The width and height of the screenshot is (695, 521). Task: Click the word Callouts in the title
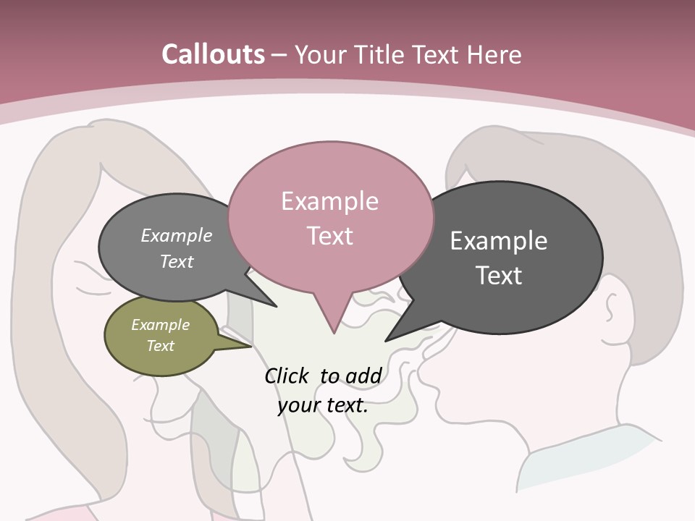tap(213, 54)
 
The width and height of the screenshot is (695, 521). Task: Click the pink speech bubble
tap(330, 217)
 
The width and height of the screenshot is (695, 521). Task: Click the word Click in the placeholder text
tap(287, 376)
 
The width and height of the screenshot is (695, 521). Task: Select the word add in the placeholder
tap(363, 376)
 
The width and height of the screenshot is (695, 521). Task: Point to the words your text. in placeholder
tap(323, 405)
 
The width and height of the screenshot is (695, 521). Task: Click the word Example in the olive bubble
tap(160, 325)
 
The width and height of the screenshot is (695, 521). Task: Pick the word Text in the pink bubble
tap(330, 236)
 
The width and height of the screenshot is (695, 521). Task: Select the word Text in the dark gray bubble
tap(499, 276)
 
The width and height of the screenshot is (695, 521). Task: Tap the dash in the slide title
tap(279, 55)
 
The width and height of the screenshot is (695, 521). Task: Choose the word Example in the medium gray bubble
tap(176, 236)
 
